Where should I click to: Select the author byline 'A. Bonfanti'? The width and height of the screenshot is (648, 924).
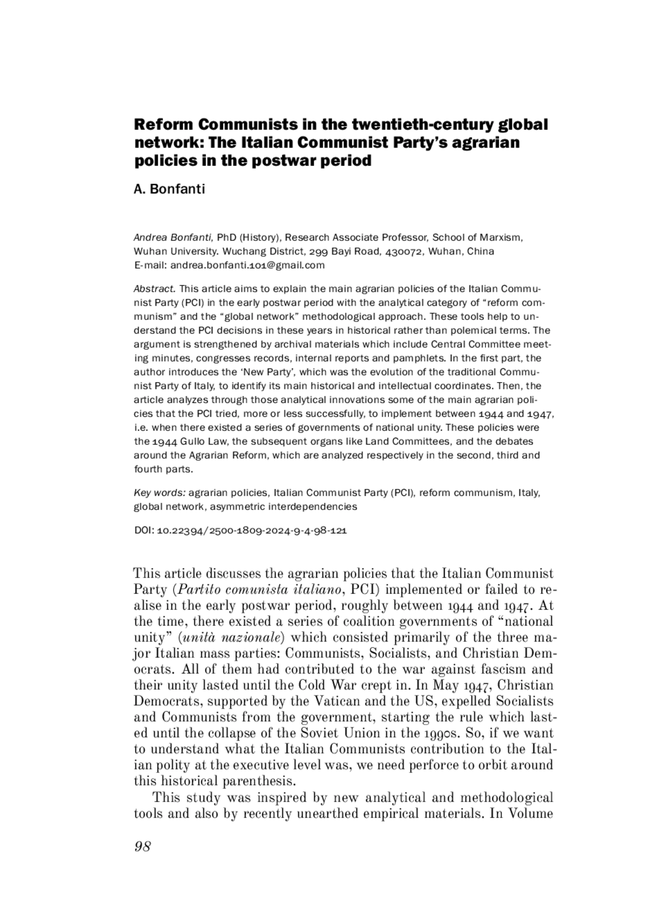[x=169, y=190]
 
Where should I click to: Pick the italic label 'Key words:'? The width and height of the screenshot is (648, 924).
[x=160, y=493]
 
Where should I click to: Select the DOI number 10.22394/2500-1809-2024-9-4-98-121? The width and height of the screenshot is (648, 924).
[x=251, y=531]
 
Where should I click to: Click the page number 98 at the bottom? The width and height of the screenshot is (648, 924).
[x=142, y=847]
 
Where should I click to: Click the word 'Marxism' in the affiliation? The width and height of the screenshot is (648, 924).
[x=502, y=238]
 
